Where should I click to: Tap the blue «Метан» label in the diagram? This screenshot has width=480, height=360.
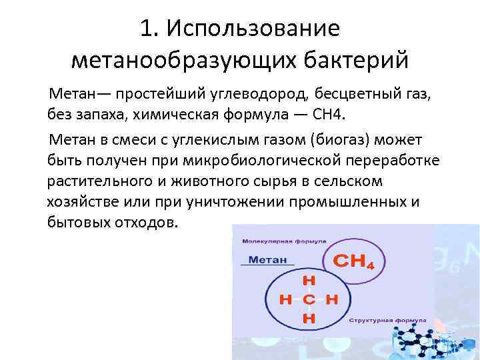(x=265, y=260)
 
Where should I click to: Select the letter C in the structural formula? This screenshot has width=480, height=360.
(x=309, y=300)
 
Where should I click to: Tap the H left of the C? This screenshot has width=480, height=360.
(x=285, y=300)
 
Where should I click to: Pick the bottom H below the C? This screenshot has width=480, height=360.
(x=309, y=319)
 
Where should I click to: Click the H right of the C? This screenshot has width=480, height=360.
(x=332, y=300)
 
